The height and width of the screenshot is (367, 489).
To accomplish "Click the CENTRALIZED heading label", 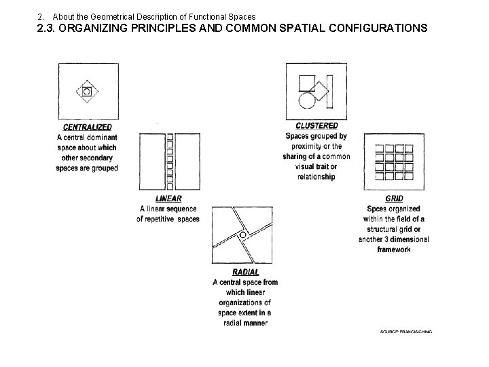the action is click(87, 126).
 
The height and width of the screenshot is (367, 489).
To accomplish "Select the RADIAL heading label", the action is click(244, 272).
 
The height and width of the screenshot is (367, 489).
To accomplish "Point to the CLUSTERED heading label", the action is click(316, 126).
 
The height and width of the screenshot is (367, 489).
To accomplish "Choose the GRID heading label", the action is click(393, 198).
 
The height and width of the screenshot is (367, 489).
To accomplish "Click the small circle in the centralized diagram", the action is click(87, 91).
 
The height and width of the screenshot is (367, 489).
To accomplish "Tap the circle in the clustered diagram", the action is click(307, 100).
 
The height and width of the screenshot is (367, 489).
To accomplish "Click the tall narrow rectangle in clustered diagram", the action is click(329, 92).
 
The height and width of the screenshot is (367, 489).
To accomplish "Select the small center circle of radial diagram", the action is click(243, 235).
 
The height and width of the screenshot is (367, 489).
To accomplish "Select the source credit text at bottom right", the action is click(405, 332).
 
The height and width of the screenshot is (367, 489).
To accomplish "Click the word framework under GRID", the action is click(394, 249).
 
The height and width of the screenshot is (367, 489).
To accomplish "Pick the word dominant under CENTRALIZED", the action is click(101, 137).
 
